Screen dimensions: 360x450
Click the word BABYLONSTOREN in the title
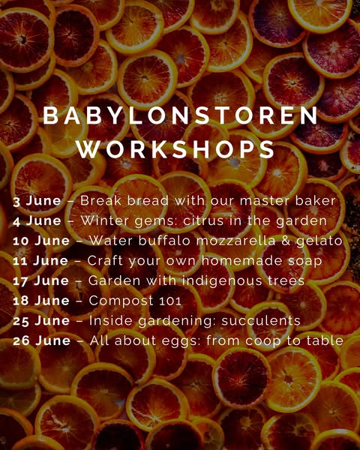pyautogui.click(x=181, y=116)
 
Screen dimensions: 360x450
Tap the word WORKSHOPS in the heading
pyautogui.click(x=175, y=149)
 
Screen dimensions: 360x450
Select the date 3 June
pyautogui.click(x=37, y=201)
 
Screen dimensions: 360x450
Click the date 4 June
pyautogui.click(x=37, y=221)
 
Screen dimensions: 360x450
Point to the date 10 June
pyautogui.click(x=41, y=241)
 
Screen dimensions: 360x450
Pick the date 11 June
pyautogui.click(x=40, y=261)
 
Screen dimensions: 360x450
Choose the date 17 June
pyautogui.click(x=40, y=280)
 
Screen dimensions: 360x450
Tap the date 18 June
pyautogui.click(x=41, y=301)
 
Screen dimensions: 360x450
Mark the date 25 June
pyautogui.click(x=41, y=321)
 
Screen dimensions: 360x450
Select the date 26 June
pyautogui.click(x=42, y=341)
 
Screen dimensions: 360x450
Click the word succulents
pyautogui.click(x=261, y=321)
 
